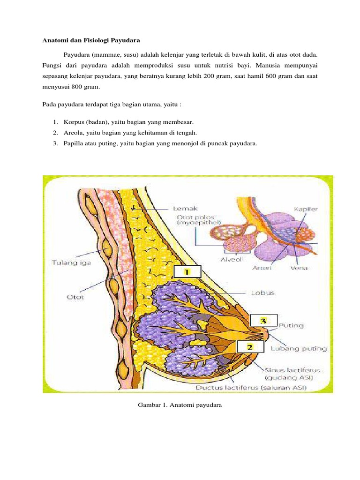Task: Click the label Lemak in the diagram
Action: [185, 209]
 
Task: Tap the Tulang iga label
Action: [71, 263]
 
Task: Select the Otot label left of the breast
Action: [75, 297]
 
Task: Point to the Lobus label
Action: [262, 292]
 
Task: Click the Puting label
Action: [291, 325]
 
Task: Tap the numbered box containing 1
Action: [187, 272]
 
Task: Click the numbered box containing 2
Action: [249, 347]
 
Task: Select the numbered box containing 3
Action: [263, 321]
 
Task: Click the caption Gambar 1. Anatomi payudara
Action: [180, 405]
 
